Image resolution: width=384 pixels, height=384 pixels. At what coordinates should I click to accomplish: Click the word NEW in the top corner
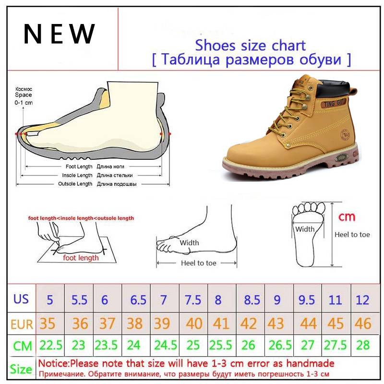click(59, 34)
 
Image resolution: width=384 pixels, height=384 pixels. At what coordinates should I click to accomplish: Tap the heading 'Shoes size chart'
click(250, 45)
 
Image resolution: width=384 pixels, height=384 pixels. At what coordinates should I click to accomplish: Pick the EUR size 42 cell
click(248, 324)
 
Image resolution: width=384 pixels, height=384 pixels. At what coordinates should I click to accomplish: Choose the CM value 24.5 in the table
click(166, 345)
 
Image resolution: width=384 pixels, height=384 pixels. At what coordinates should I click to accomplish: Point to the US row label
click(21, 299)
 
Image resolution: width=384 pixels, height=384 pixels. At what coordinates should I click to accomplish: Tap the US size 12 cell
click(362, 300)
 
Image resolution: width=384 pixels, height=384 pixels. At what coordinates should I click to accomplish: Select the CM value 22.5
click(51, 345)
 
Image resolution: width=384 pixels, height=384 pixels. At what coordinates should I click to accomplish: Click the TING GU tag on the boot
click(333, 103)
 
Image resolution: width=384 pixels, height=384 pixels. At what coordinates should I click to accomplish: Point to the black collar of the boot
click(333, 89)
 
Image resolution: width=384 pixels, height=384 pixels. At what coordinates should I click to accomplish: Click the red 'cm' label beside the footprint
click(347, 217)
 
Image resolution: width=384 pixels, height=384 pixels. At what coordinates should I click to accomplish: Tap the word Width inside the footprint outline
click(305, 229)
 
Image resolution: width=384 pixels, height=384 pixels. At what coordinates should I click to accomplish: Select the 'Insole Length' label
click(77, 175)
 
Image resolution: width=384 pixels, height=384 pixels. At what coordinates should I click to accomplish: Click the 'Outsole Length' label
click(75, 184)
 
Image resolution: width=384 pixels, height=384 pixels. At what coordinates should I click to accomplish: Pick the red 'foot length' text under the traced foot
click(81, 258)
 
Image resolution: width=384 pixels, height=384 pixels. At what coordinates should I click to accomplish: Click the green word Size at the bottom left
click(21, 369)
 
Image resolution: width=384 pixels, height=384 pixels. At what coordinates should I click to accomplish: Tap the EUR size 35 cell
click(48, 324)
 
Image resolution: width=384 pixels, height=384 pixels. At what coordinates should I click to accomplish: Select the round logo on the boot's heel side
click(345, 135)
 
